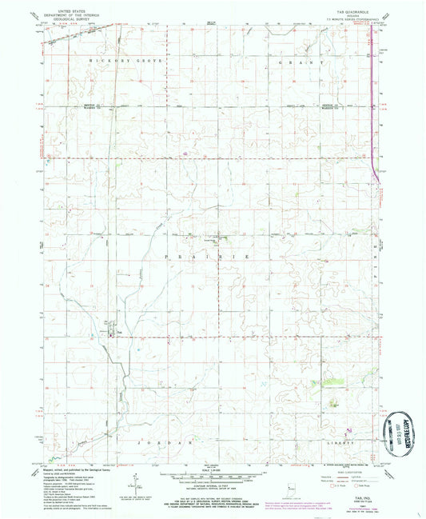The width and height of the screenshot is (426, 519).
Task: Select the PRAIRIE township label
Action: pos(205,255)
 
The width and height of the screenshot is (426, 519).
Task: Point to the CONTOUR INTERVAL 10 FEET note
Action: pos(213,488)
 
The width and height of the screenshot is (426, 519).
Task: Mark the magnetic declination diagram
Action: pos(137,482)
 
